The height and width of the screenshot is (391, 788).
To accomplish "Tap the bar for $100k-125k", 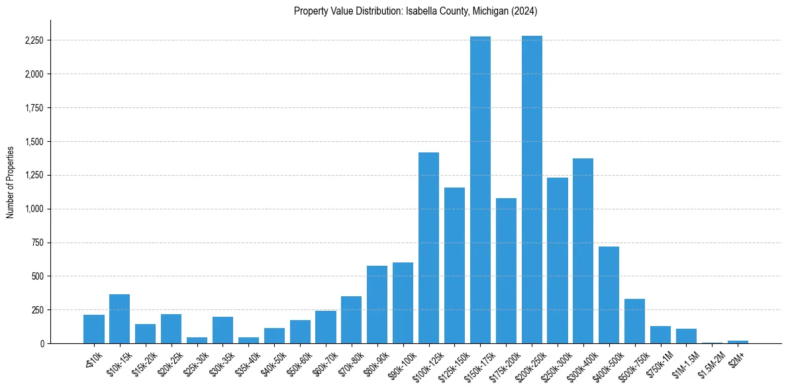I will (429, 248).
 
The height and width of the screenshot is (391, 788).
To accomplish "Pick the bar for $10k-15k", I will (120, 319).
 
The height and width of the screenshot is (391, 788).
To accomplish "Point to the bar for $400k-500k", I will (609, 295).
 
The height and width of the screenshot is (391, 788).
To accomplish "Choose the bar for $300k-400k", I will (583, 251).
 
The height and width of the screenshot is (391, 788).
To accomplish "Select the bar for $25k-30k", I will (197, 341).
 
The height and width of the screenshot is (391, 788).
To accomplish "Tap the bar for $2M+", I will (738, 342).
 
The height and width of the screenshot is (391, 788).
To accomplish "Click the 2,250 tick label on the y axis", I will (34, 40).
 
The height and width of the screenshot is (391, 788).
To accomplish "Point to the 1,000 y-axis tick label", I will (34, 209).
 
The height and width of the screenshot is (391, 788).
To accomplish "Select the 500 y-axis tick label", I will (38, 276).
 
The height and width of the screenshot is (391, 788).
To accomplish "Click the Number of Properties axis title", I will (11, 182).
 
